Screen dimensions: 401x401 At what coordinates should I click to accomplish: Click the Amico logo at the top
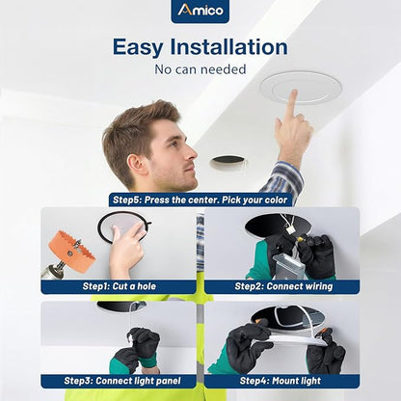coord(200,11)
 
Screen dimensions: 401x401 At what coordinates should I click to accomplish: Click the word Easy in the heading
coord(138,47)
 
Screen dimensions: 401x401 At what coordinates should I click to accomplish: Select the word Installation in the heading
coord(228,46)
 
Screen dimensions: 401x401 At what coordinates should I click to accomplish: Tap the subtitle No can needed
coord(200,69)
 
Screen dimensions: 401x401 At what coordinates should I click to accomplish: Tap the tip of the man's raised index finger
coord(293,93)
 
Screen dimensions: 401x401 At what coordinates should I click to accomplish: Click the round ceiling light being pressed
coord(301,88)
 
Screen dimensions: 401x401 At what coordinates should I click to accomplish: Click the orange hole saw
coord(72,252)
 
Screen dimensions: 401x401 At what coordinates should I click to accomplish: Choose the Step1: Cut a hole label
coord(119,286)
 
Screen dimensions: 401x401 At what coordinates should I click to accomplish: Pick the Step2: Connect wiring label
coord(283,286)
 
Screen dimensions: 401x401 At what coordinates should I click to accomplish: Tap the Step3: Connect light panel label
coord(122,381)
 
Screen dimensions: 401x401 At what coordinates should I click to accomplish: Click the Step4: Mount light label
coord(281,381)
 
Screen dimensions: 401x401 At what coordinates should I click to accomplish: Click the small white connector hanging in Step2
coord(291,230)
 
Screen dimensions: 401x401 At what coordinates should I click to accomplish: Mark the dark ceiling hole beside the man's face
coord(227,161)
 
